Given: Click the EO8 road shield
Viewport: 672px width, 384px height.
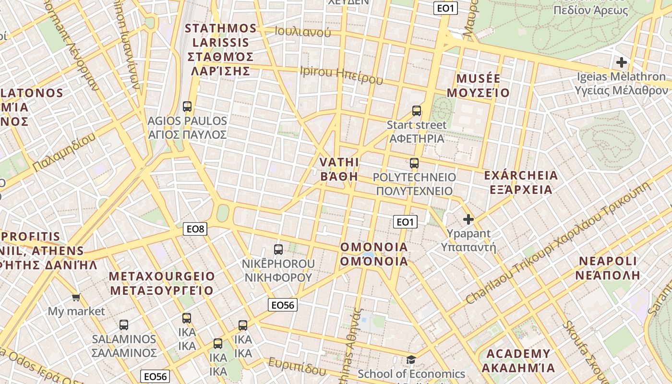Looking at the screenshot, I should coord(196,229).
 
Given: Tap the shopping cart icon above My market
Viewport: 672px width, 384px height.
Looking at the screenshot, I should coord(76,298).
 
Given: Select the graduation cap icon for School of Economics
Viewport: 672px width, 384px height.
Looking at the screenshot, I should coord(411,360).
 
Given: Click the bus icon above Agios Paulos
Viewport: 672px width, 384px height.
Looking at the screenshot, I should coord(187,106).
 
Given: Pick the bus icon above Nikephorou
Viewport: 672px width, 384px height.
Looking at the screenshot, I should coord(278,249).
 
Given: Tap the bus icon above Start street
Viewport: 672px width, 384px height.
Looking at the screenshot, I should coord(417,111).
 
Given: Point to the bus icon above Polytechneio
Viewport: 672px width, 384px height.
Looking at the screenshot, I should coord(414,163).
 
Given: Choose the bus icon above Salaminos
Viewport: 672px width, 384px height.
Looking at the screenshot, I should coord(124,324).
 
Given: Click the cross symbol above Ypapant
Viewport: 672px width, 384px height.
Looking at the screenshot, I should coord(468,220).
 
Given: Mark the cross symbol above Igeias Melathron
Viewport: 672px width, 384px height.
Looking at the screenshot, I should coord(622,62).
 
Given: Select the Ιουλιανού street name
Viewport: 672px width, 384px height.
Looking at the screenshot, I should coord(303,32).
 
